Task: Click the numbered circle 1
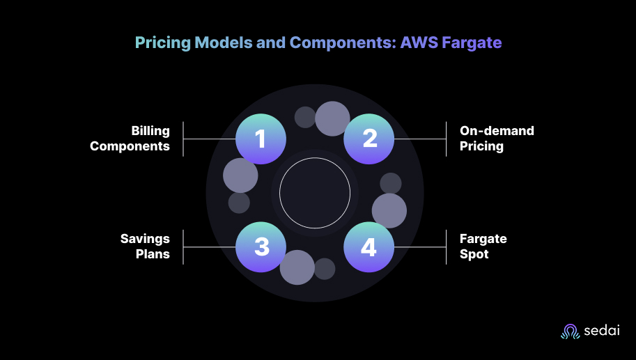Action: (261, 139)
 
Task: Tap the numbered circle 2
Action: (369, 139)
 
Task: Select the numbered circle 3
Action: (261, 247)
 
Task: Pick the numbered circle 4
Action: (369, 247)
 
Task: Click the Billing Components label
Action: (130, 139)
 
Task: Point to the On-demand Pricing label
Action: (497, 139)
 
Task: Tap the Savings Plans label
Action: (145, 246)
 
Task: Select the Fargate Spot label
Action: (483, 246)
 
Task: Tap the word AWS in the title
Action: (419, 42)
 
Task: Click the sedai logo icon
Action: (570, 332)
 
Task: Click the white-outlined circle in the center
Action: (315, 193)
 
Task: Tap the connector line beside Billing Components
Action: (209, 139)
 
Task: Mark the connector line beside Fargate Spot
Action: (420, 247)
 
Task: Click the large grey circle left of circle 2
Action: (332, 118)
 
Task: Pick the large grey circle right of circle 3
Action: (297, 267)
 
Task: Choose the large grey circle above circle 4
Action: (389, 210)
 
